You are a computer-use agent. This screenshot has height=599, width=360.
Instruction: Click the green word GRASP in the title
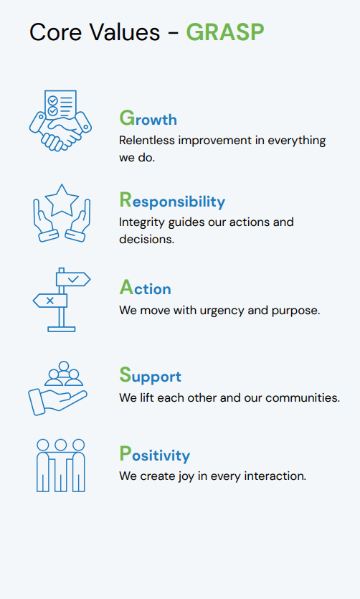[224, 32]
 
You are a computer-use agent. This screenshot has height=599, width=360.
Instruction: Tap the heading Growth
[148, 118]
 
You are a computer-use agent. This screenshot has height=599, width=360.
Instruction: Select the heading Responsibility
[172, 200]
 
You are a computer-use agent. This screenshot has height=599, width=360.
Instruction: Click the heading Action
[145, 288]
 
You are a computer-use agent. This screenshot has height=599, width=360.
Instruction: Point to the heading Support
[150, 376]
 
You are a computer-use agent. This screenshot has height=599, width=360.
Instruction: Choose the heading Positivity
[154, 455]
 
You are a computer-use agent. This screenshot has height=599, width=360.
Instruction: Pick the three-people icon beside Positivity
[61, 464]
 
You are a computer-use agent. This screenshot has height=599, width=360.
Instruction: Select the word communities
[303, 397]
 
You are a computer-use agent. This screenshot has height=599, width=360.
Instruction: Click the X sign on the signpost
[50, 301]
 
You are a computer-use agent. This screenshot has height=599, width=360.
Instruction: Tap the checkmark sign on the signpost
[73, 278]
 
